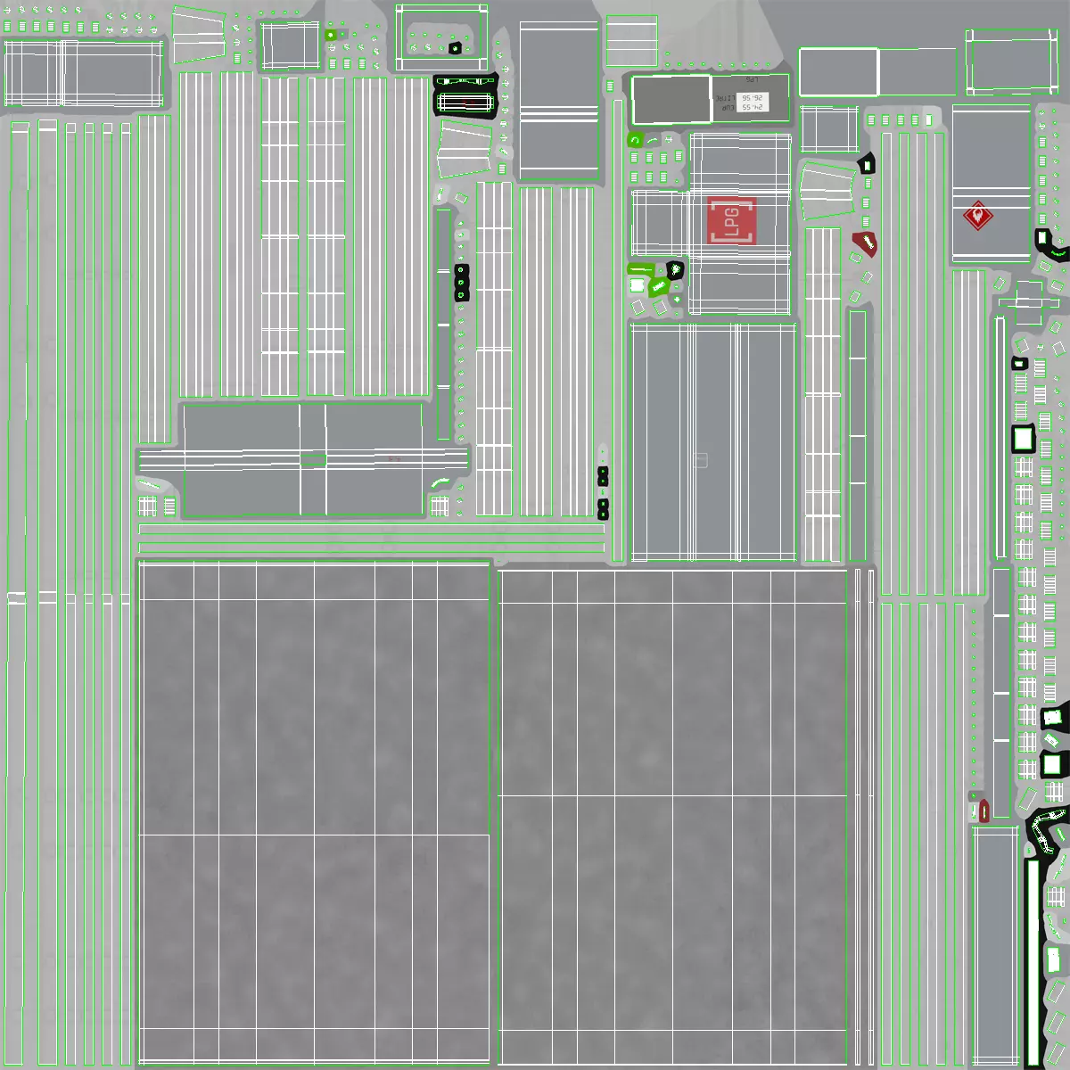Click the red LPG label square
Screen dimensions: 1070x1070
(x=732, y=220)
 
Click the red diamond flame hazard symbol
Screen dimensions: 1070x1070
(x=978, y=216)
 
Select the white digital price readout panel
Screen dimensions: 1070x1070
(x=749, y=99)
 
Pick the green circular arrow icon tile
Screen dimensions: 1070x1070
(x=635, y=140)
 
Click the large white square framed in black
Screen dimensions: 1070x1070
(x=1022, y=439)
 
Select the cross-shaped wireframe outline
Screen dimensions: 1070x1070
(x=1028, y=303)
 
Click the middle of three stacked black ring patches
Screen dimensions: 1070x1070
(x=461, y=282)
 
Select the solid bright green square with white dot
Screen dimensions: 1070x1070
(x=331, y=35)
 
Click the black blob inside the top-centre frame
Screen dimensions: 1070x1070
(x=455, y=47)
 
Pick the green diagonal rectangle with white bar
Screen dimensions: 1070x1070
(x=659, y=286)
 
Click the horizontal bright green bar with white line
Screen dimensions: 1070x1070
(x=640, y=268)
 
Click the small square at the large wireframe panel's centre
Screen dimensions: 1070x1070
(x=701, y=460)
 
